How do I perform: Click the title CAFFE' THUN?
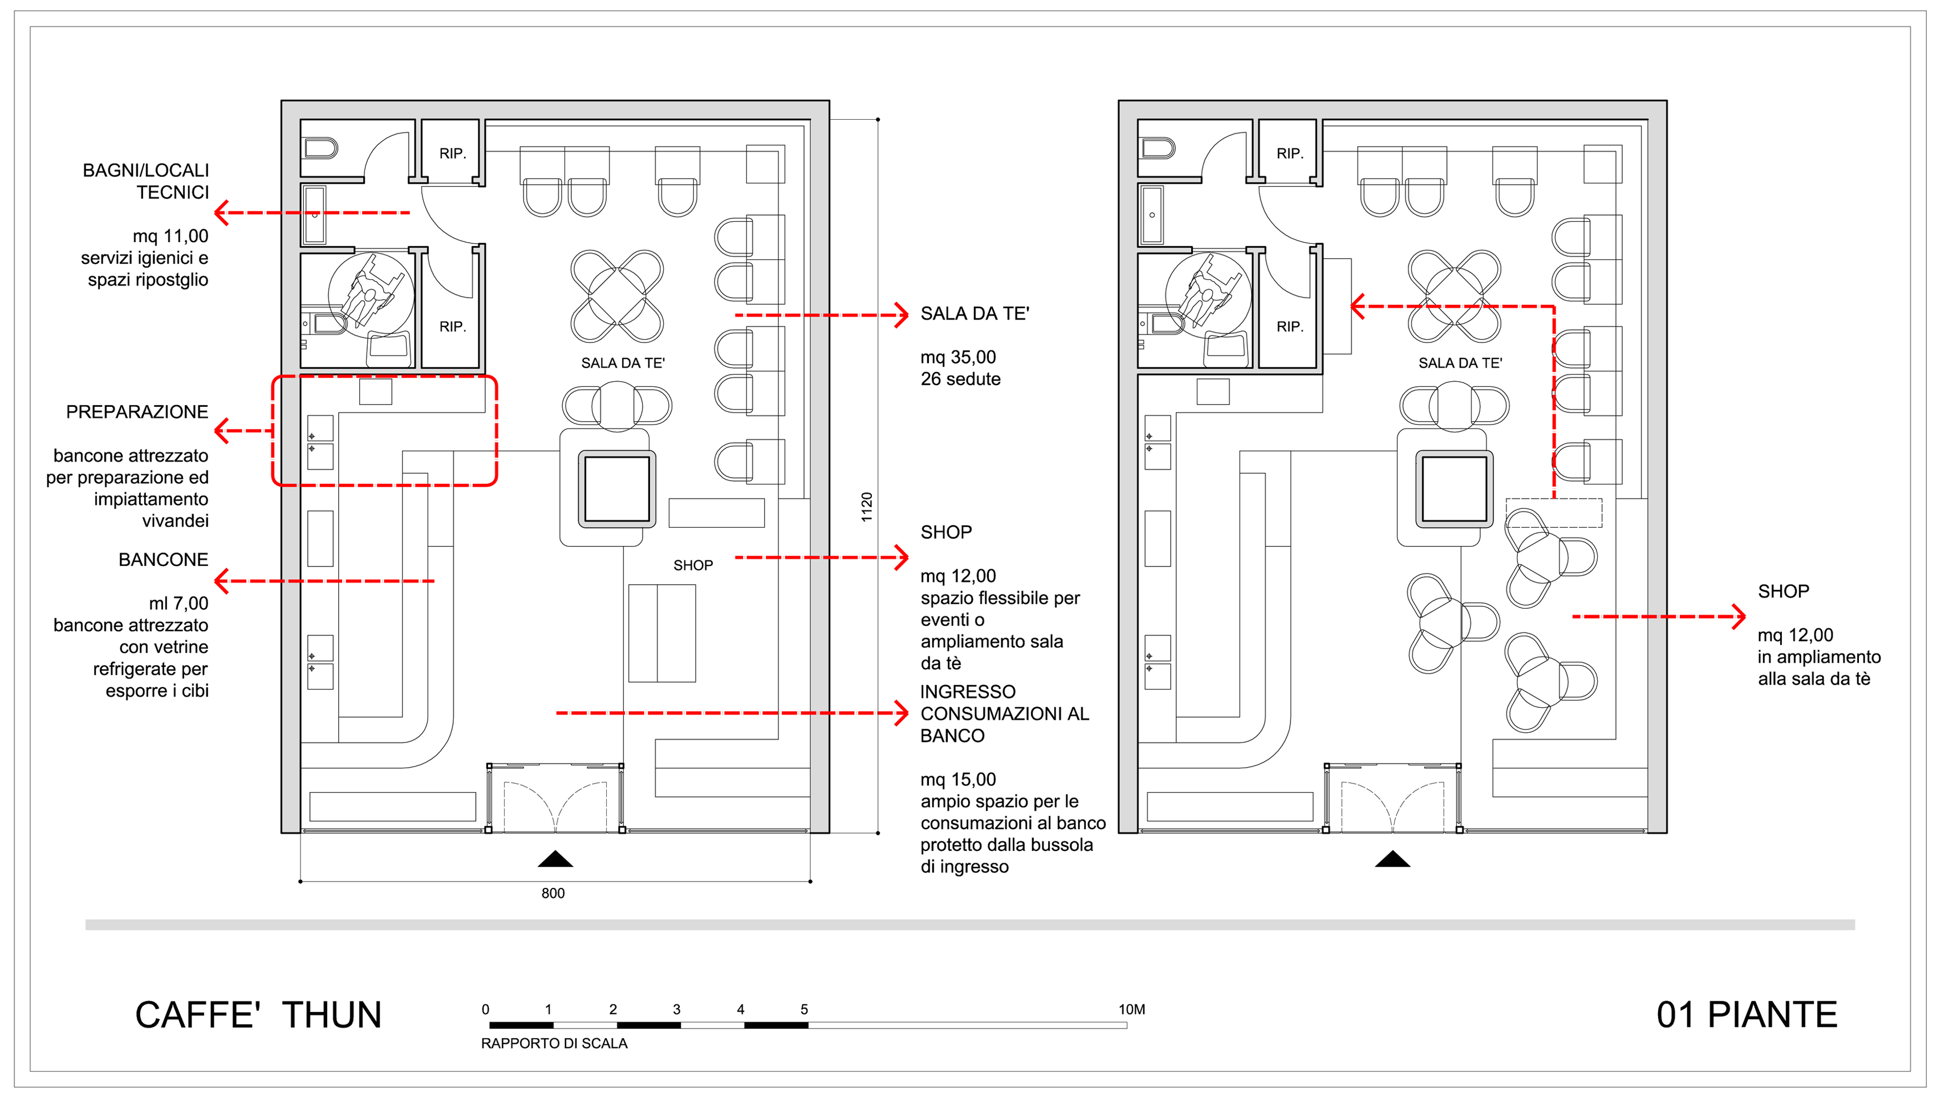(258, 1015)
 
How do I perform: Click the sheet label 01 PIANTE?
(1747, 1015)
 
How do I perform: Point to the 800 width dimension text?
(553, 894)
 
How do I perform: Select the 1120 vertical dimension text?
(867, 507)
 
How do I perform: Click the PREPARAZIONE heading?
(137, 412)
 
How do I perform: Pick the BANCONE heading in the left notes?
(164, 560)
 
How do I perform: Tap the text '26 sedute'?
(961, 379)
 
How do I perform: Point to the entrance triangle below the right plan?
(1392, 859)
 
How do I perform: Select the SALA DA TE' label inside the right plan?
(1460, 363)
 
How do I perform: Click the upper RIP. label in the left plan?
(453, 154)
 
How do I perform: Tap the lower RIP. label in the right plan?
(1290, 327)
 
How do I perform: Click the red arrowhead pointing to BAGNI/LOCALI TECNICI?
(221, 213)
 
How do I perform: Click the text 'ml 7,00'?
(178, 603)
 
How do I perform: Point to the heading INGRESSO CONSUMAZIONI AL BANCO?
(1004, 713)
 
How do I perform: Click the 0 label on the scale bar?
(485, 1009)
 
